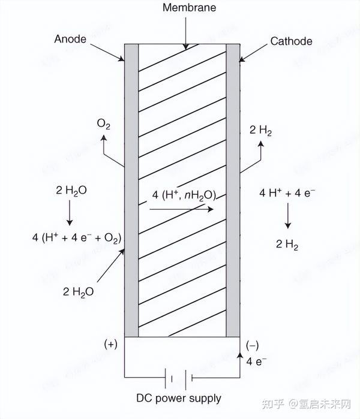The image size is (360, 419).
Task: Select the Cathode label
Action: [x=291, y=41]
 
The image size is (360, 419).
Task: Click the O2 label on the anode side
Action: [x=103, y=124]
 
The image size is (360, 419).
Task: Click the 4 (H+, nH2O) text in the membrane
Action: [x=184, y=195]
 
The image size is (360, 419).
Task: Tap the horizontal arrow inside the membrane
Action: [x=181, y=209]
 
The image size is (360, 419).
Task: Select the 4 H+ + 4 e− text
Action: [x=287, y=193]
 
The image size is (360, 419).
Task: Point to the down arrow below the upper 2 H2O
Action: [x=70, y=212]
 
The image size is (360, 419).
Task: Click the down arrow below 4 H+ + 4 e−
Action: [x=288, y=217]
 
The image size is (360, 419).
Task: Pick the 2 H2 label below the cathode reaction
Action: [x=287, y=244]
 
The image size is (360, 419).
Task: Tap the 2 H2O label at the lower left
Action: [x=78, y=292]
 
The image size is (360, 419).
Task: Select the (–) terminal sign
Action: [x=253, y=345]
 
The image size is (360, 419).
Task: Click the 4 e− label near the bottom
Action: [x=257, y=361]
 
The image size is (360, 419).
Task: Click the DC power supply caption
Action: [x=179, y=398]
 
